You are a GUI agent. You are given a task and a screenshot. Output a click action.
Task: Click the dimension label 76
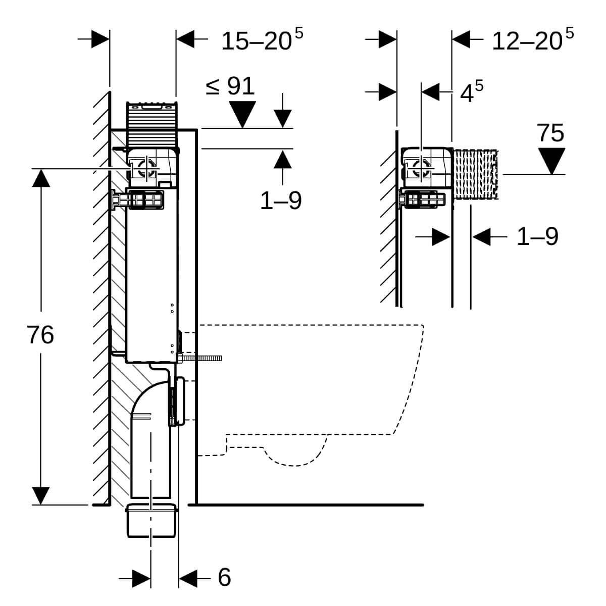click(x=40, y=335)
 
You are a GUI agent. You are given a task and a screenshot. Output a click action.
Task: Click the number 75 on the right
click(x=550, y=133)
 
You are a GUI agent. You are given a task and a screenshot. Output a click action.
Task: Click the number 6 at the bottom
click(x=224, y=576)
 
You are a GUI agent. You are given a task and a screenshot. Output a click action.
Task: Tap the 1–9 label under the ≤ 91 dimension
click(x=281, y=201)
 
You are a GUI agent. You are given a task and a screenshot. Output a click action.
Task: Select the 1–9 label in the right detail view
click(x=537, y=236)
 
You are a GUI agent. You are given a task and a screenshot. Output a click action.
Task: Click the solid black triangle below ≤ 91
click(x=242, y=114)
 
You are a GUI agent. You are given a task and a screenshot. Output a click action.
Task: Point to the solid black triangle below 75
click(x=551, y=161)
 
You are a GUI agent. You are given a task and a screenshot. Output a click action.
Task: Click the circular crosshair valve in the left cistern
click(x=146, y=168)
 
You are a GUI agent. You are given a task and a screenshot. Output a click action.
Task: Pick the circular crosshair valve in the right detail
click(x=420, y=169)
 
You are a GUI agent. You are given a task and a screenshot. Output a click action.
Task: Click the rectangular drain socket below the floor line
click(x=151, y=520)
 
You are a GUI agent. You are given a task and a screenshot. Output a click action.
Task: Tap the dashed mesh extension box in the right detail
click(x=476, y=174)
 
